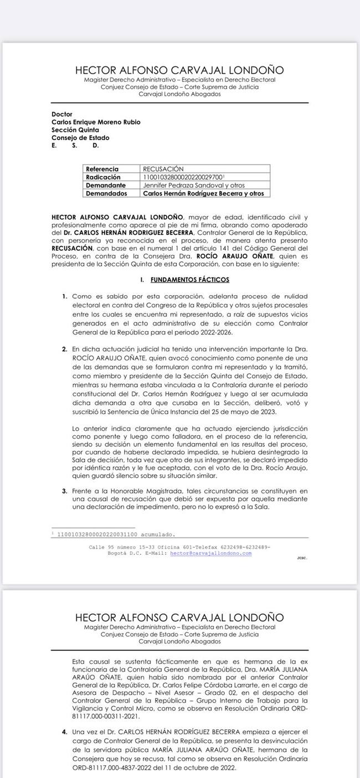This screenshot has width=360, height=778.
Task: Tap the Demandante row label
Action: click(x=106, y=186)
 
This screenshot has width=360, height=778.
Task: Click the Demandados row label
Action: click(x=106, y=194)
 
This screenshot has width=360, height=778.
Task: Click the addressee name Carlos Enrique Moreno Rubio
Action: click(x=96, y=122)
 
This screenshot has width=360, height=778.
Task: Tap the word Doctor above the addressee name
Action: click(x=62, y=115)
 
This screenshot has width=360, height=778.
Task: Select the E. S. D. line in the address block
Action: click(x=75, y=146)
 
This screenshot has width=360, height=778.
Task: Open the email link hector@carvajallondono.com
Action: click(x=210, y=553)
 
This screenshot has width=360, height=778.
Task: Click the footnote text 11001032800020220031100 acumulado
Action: click(x=116, y=535)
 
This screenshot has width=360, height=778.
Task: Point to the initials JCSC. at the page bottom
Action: click(x=302, y=558)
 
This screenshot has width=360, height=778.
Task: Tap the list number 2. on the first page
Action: click(x=65, y=349)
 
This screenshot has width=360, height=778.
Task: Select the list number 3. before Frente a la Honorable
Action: click(x=65, y=491)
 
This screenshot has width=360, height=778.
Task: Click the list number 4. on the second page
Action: click(x=65, y=732)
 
